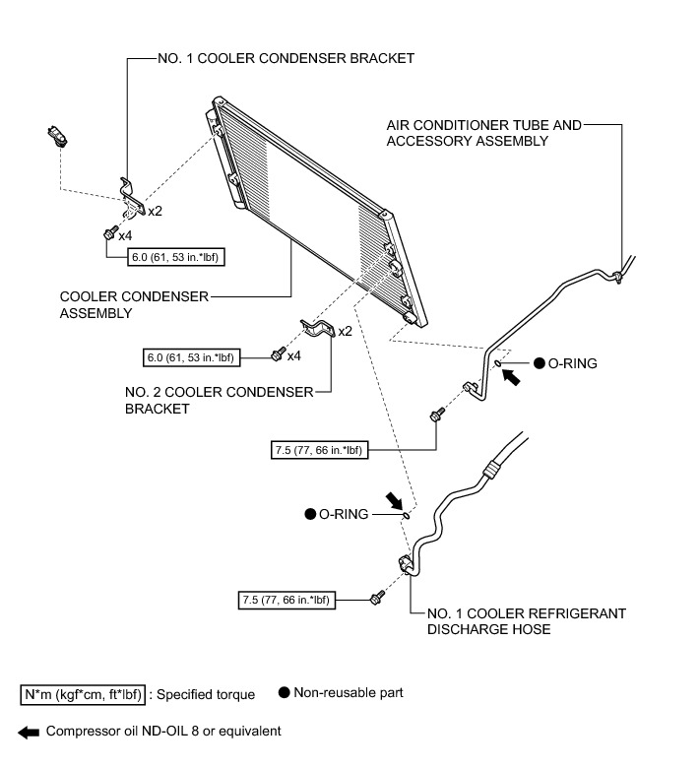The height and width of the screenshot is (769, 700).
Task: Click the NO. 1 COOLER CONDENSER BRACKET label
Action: (286, 58)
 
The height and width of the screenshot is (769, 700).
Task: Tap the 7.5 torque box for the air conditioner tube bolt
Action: (316, 450)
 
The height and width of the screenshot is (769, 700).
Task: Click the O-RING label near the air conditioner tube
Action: (572, 363)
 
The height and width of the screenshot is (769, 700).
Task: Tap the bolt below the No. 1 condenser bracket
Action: (107, 234)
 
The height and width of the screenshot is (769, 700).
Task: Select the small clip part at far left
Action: (57, 137)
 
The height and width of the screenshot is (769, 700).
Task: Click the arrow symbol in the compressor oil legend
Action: (29, 732)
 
